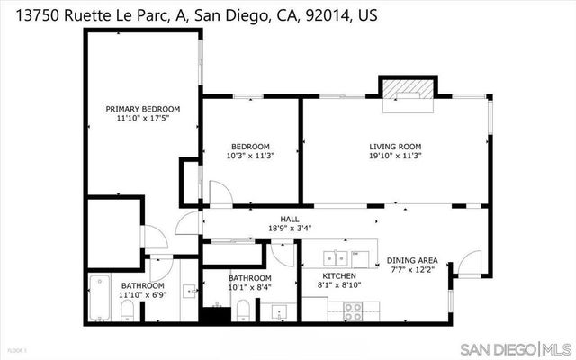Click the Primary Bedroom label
click(x=143, y=109)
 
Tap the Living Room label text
click(x=395, y=147)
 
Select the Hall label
click(x=289, y=219)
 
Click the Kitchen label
click(x=340, y=275)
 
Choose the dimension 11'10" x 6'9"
click(x=143, y=294)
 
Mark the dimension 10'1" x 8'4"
click(x=250, y=287)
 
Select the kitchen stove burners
click(x=353, y=310)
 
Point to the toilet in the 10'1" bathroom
click(x=242, y=311)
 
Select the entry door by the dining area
click(x=468, y=263)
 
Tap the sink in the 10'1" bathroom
click(x=278, y=312)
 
